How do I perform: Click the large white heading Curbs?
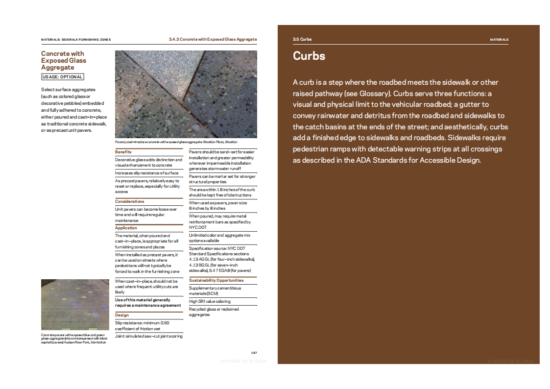point(309,56)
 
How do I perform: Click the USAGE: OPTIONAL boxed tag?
point(63,77)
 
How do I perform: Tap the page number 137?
point(254,353)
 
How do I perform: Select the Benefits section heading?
point(123,152)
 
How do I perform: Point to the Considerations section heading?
point(130,201)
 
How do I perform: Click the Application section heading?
point(126,228)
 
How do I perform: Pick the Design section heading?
point(122,315)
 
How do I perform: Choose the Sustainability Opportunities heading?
point(216,280)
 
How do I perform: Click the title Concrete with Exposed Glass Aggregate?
point(63,61)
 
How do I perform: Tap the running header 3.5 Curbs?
point(302,39)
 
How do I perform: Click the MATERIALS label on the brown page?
point(499,40)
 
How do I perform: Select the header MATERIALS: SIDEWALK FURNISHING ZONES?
point(76,40)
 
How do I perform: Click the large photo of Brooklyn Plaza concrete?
point(186,94)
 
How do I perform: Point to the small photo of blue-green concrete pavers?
point(74,304)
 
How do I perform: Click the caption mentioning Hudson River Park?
point(74,339)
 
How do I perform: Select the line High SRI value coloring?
point(210,301)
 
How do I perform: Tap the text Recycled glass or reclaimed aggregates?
point(214,312)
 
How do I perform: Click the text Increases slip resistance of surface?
point(147,173)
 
